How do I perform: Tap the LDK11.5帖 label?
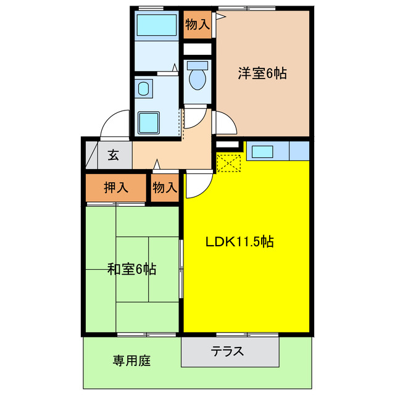click(239, 242)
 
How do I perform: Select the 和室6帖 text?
click(131, 269)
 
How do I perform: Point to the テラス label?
click(228, 352)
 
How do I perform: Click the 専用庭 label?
click(131, 360)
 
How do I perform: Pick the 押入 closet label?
click(115, 188)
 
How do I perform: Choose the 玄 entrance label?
click(114, 155)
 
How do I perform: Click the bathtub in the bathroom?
click(156, 25)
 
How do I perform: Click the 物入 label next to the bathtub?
click(197, 25)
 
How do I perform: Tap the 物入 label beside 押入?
click(165, 188)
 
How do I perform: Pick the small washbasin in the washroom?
click(144, 89)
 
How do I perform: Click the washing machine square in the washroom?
click(149, 122)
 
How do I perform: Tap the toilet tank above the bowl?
click(198, 64)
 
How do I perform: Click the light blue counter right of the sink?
click(299, 151)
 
